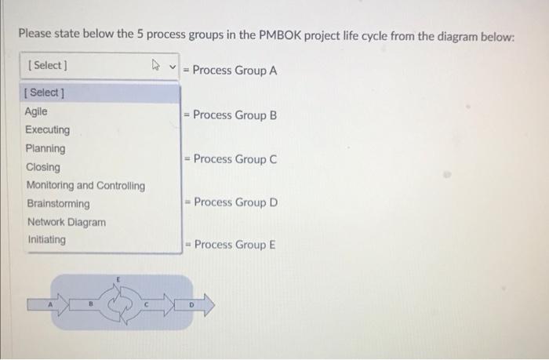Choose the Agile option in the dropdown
coord(36,111)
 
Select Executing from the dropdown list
coord(47,129)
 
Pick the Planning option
coord(45,148)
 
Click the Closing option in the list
coord(43,167)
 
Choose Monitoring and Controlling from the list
coord(85,186)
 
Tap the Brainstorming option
coord(58,204)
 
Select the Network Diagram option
coord(66,222)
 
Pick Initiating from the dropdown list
coord(47,239)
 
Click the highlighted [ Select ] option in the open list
coord(45,93)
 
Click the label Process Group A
coord(235,70)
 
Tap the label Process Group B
coord(235,115)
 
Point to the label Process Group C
coord(235,159)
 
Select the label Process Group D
coord(235,202)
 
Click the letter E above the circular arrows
coord(118,278)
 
